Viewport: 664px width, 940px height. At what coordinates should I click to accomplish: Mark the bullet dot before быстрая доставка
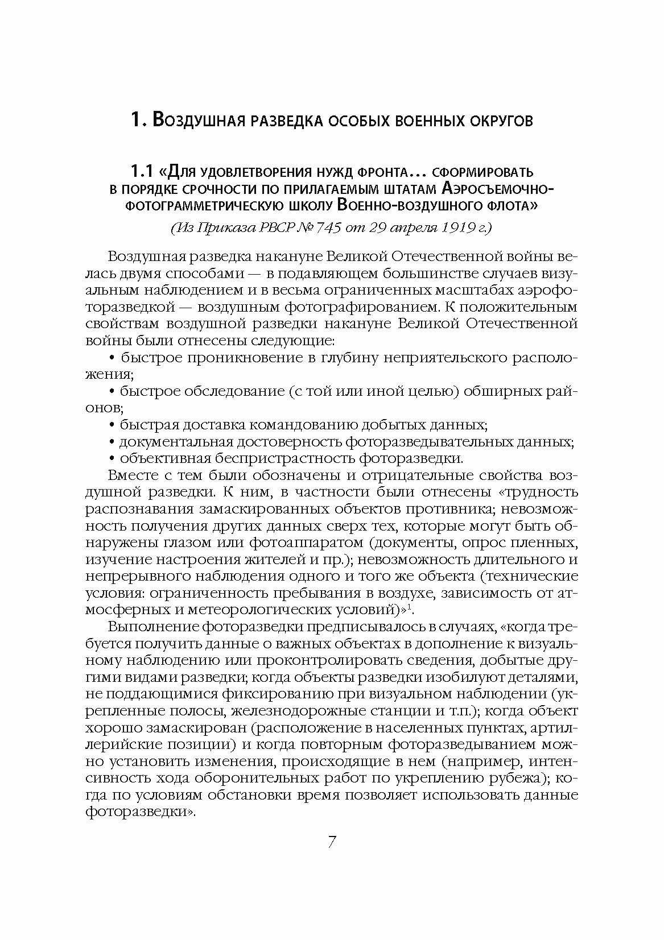pos(112,425)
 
